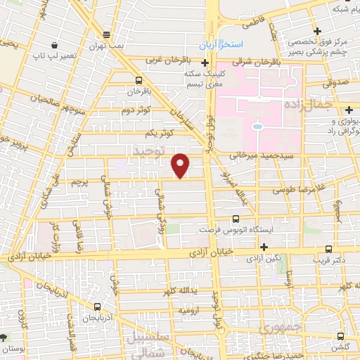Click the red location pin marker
[x=181, y=165]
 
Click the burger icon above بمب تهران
[x=106, y=34]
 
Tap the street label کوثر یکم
[x=157, y=132]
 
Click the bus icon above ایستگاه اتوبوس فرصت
[x=234, y=219]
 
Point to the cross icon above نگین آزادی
[x=264, y=247]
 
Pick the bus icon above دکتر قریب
[x=328, y=247]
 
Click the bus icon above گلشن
[x=340, y=336]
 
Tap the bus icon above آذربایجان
[x=97, y=306]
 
